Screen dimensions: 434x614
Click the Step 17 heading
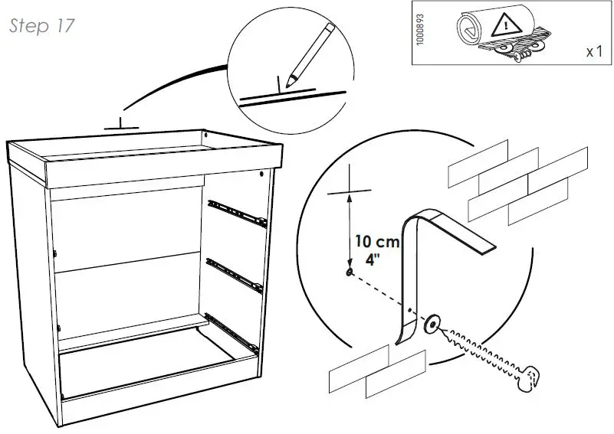[42, 25]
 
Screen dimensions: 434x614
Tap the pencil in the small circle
[310, 54]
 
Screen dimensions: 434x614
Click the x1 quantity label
[593, 52]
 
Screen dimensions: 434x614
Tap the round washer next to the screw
[433, 325]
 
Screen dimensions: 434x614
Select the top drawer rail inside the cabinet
[235, 211]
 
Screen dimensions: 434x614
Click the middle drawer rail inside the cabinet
[235, 273]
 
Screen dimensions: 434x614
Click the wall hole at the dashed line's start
[350, 272]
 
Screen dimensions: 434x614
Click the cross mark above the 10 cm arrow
[350, 189]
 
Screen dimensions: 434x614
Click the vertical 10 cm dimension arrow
[350, 230]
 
